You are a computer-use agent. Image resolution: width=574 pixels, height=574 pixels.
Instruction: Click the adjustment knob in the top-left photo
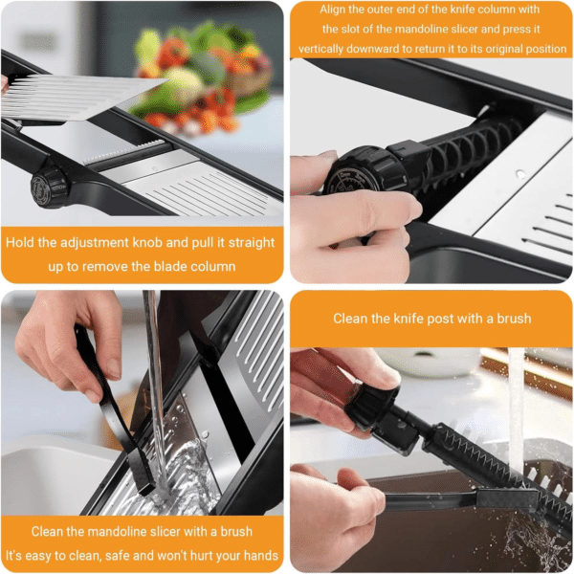(x=49, y=188)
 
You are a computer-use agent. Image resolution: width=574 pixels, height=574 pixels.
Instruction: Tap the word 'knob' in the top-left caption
(x=147, y=242)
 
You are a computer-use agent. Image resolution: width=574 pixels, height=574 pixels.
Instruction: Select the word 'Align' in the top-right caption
(x=332, y=10)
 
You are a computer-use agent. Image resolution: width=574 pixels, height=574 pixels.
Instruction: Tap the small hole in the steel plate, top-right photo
(x=519, y=174)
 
